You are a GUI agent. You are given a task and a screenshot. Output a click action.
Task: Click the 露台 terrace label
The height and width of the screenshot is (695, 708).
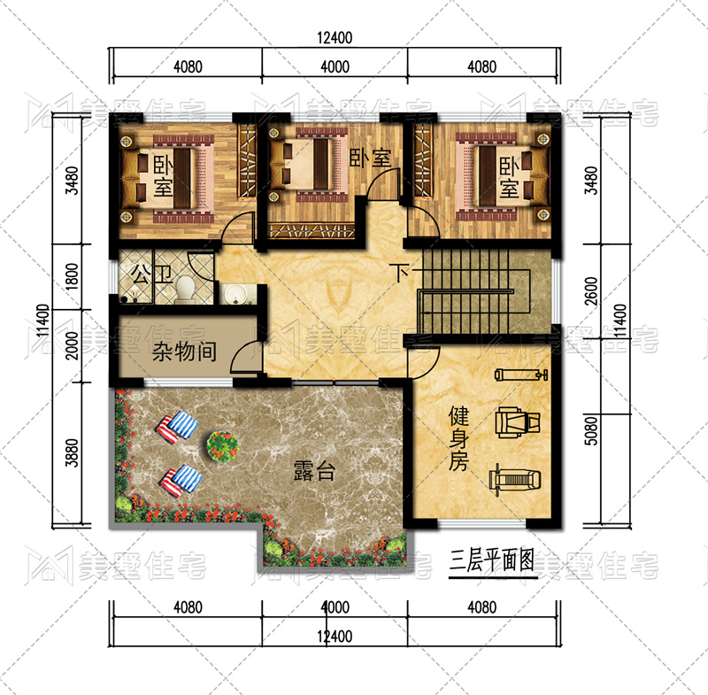pyautogui.click(x=314, y=471)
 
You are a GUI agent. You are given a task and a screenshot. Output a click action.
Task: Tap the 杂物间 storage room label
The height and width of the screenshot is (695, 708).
pyautogui.click(x=184, y=351)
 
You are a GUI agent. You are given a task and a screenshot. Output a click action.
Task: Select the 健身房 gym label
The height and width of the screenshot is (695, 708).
pyautogui.click(x=458, y=438)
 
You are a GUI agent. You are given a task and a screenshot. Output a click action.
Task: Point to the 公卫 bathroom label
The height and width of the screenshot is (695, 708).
pyautogui.click(x=151, y=274)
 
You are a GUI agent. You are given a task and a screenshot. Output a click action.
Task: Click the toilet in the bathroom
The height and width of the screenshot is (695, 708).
pyautogui.click(x=185, y=289)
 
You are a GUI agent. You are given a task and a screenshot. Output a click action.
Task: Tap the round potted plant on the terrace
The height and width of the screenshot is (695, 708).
pyautogui.click(x=223, y=445)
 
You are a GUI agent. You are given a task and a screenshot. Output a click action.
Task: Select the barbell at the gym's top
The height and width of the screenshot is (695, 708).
pyautogui.click(x=521, y=375)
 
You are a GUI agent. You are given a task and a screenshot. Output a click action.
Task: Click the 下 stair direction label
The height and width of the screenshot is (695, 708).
pyautogui.click(x=402, y=273)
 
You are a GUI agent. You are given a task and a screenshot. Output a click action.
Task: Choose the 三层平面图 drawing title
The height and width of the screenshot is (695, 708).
pyautogui.click(x=492, y=560)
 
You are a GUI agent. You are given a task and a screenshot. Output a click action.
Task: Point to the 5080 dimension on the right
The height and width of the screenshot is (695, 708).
pyautogui.click(x=590, y=430)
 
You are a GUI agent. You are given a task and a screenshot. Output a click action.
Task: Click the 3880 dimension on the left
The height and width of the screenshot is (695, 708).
pyautogui.click(x=72, y=452)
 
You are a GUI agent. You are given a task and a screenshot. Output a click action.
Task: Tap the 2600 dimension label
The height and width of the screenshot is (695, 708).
pyautogui.click(x=590, y=291)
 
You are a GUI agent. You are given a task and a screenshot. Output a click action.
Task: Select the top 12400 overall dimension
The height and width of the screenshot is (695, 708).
pyautogui.click(x=335, y=37)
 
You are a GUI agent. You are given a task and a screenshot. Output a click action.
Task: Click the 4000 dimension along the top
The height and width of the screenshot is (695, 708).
pyautogui.click(x=335, y=66)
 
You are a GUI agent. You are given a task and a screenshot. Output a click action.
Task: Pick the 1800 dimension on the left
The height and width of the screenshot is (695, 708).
pyautogui.click(x=72, y=276)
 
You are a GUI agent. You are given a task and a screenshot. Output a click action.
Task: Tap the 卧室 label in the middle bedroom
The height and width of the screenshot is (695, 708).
pyautogui.click(x=370, y=158)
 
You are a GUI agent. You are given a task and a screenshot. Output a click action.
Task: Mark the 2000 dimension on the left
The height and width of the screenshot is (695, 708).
pyautogui.click(x=72, y=345)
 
